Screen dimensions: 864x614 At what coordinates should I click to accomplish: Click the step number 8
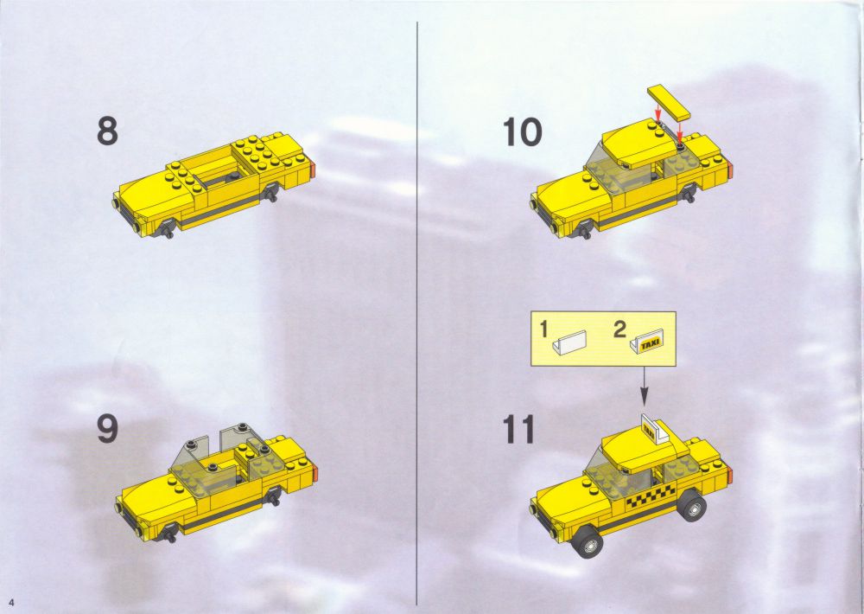coord(107,131)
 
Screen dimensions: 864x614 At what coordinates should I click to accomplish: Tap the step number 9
coord(107,429)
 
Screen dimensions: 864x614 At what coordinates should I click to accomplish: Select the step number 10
coord(522,133)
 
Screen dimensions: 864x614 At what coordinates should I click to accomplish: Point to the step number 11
coord(519,430)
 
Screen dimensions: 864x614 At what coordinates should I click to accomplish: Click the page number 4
coord(10,601)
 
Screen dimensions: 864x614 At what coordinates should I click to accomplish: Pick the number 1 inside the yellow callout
coord(543,329)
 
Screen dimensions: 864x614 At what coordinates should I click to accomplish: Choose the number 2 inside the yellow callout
coord(619,329)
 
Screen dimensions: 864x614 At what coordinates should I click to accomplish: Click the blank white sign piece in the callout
coord(569,342)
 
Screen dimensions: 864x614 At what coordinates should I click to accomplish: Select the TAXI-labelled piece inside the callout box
coord(647,342)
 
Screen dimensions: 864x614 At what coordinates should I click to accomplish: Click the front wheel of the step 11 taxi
coord(588,540)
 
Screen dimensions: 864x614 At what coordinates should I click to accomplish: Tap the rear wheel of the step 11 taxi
coord(692,504)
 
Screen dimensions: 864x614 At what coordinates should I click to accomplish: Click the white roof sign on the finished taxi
coord(655,430)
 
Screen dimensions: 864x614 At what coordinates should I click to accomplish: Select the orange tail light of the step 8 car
coord(313,169)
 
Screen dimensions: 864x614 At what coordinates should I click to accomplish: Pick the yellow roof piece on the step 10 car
coord(638,144)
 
